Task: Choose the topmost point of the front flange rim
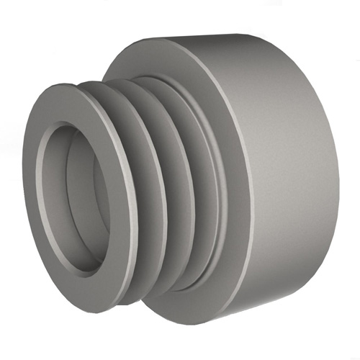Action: pyautogui.click(x=72, y=85)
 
